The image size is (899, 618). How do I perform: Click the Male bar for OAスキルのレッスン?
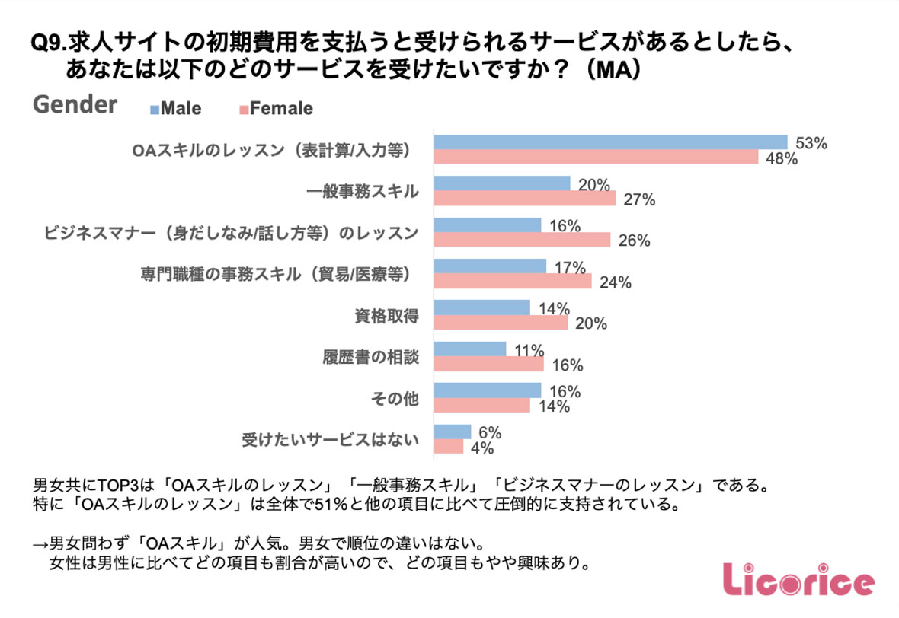[x=609, y=142]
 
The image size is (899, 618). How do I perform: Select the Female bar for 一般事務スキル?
[x=524, y=199]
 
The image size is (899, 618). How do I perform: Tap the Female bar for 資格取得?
[x=501, y=323]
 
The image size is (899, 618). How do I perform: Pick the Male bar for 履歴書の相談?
[x=469, y=349]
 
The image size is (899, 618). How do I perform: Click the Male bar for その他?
[x=487, y=390]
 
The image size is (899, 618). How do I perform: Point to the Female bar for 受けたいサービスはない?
[x=448, y=447]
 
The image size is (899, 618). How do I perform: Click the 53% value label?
[x=811, y=142]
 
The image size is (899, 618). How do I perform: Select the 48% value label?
[x=782, y=158]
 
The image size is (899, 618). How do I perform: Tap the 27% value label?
[x=639, y=200]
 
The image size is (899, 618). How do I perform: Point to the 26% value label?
[x=634, y=241]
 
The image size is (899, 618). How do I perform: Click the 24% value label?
[x=616, y=282]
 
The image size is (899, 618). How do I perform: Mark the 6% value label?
[x=489, y=432]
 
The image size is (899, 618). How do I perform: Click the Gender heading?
[x=75, y=104]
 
